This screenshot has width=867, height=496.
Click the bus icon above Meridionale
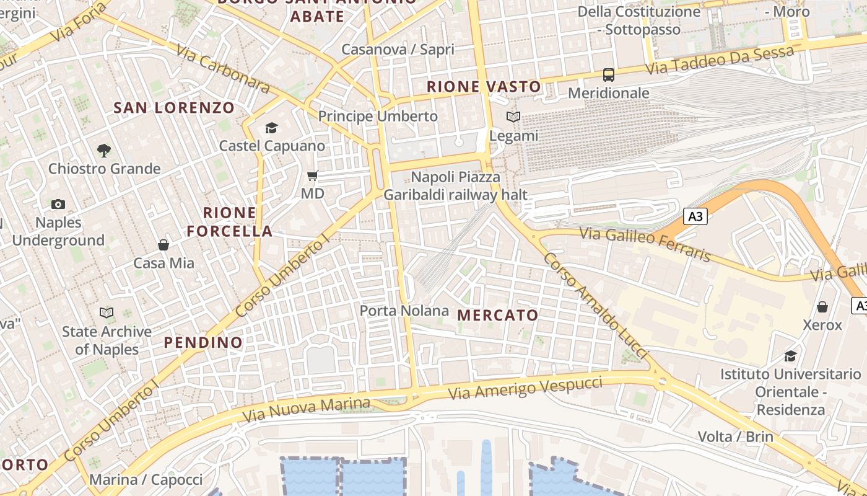pyautogui.click(x=609, y=75)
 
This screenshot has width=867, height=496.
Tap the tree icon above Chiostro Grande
pyautogui.click(x=104, y=150)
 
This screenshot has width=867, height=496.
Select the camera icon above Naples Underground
pyautogui.click(x=58, y=204)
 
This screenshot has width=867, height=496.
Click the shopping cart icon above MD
pyautogui.click(x=313, y=176)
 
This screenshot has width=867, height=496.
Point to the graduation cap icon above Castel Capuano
pyautogui.click(x=271, y=128)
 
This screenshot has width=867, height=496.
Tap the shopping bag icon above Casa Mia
pyautogui.click(x=163, y=245)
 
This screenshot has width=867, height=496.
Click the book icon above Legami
pyautogui.click(x=513, y=117)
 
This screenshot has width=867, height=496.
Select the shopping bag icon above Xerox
pyautogui.click(x=822, y=307)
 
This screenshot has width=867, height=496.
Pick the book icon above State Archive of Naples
pyautogui.click(x=107, y=313)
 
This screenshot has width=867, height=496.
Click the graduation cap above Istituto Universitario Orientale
pyautogui.click(x=790, y=356)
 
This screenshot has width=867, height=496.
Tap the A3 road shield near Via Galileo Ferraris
pyautogui.click(x=695, y=216)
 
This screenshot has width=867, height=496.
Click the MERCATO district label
pyautogui.click(x=498, y=315)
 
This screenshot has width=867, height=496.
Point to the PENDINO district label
pyautogui.click(x=203, y=342)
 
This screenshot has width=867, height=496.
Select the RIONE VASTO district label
pyautogui.click(x=484, y=87)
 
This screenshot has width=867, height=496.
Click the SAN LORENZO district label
pyautogui.click(x=174, y=108)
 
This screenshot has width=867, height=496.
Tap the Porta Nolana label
pyautogui.click(x=404, y=311)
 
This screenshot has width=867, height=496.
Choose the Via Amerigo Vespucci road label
pyautogui.click(x=525, y=387)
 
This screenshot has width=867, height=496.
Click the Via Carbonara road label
pyautogui.click(x=223, y=68)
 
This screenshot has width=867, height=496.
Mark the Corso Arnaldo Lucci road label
pyautogui.click(x=595, y=305)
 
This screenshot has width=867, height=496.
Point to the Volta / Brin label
pyautogui.click(x=736, y=436)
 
